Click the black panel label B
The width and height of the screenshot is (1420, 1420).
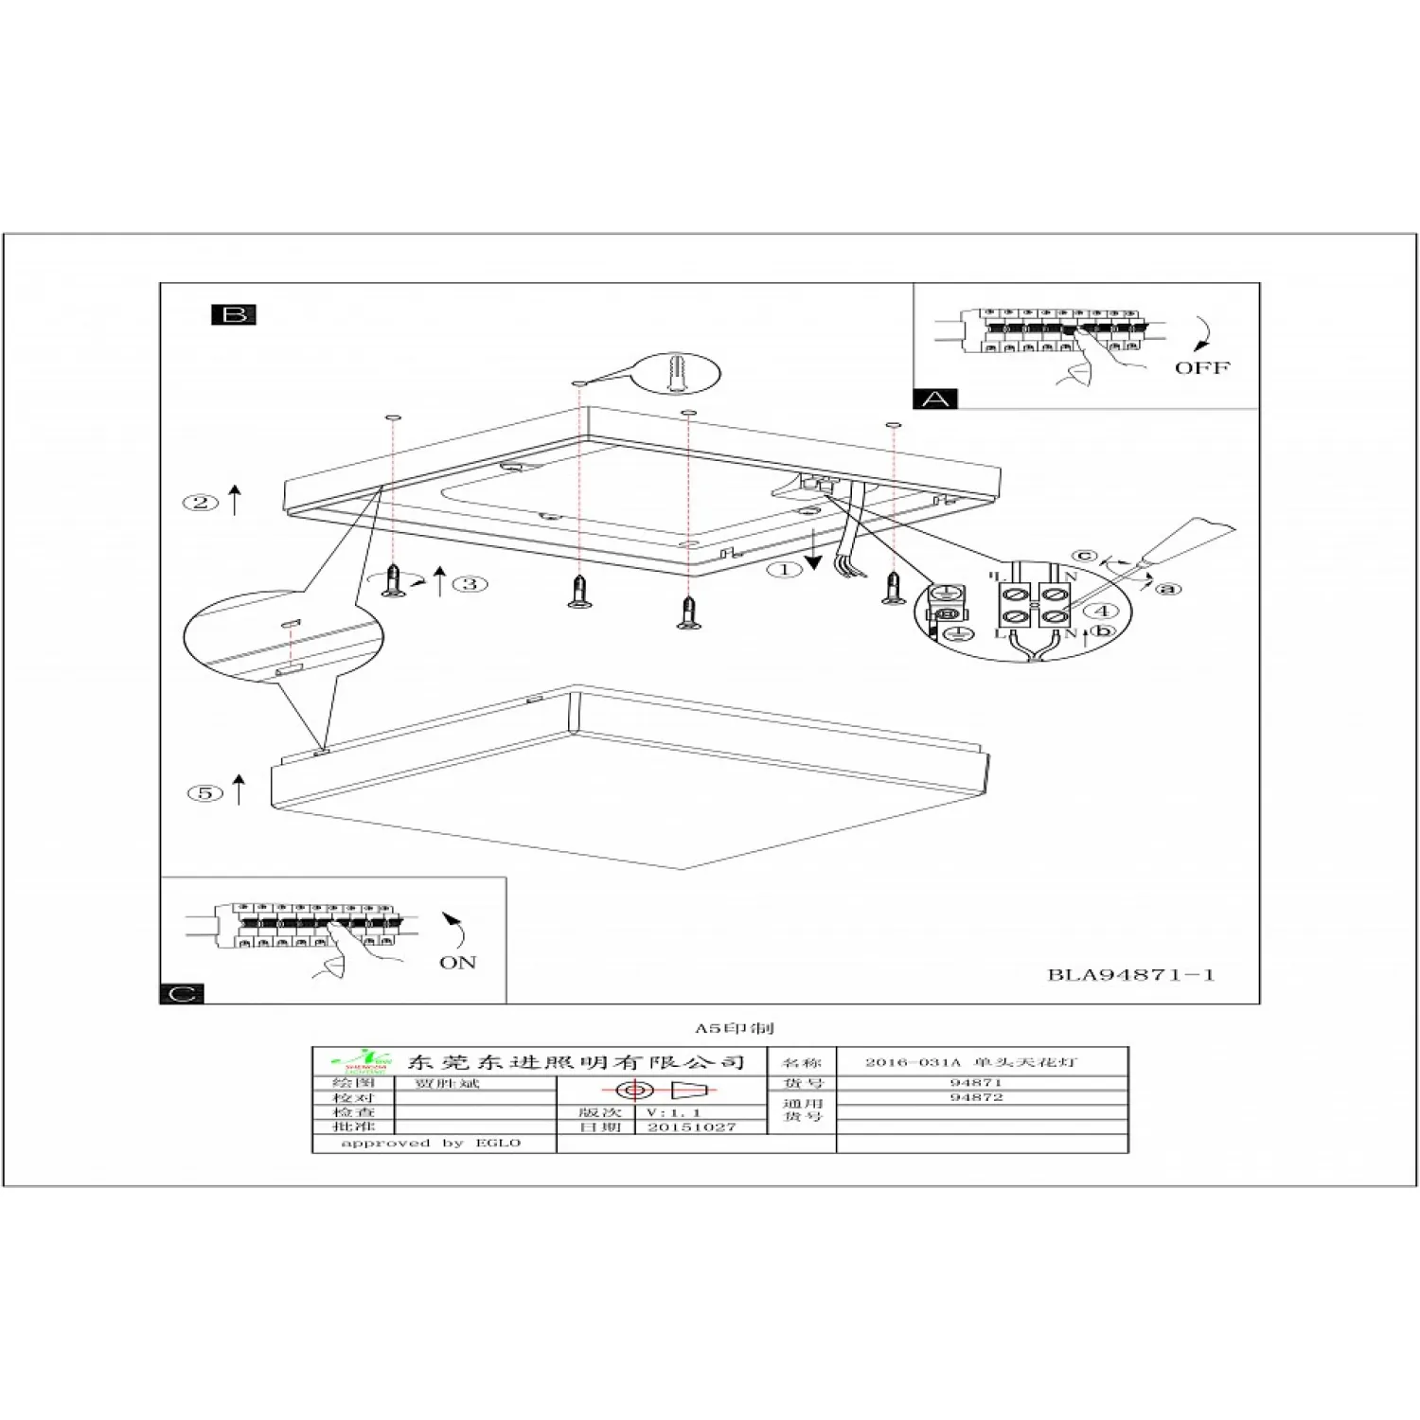234,314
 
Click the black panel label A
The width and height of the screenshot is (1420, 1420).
935,399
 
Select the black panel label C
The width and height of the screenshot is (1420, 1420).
183,993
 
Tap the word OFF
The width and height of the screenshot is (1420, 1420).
1202,367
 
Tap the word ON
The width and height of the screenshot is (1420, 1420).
457,962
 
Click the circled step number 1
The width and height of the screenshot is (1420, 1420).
784,569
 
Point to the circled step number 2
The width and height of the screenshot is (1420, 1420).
200,503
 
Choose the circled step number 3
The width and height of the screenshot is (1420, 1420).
470,583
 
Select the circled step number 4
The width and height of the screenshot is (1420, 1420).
1101,611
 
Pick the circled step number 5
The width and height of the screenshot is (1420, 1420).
205,793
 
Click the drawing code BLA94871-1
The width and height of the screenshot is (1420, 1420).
1130,974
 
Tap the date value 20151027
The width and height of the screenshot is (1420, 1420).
691,1127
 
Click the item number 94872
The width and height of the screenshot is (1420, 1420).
976,1097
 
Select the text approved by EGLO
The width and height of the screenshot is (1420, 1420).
431,1143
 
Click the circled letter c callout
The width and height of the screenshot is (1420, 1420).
1085,556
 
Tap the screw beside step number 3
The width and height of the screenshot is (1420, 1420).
394,580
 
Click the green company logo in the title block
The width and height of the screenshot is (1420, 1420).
360,1061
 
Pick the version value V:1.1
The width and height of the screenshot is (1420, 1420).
673,1112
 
